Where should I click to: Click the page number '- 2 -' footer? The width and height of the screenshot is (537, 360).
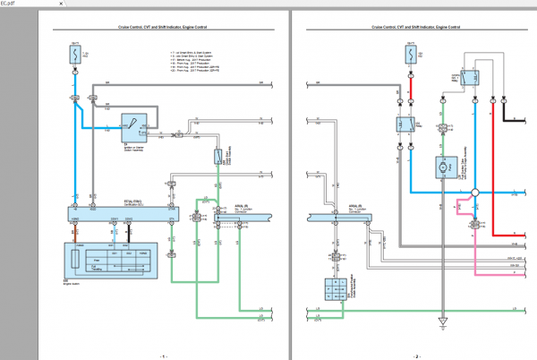[x=416, y=356]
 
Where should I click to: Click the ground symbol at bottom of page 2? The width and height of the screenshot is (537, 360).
[x=441, y=319]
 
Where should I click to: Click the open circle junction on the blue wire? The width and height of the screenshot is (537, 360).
[x=475, y=191]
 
